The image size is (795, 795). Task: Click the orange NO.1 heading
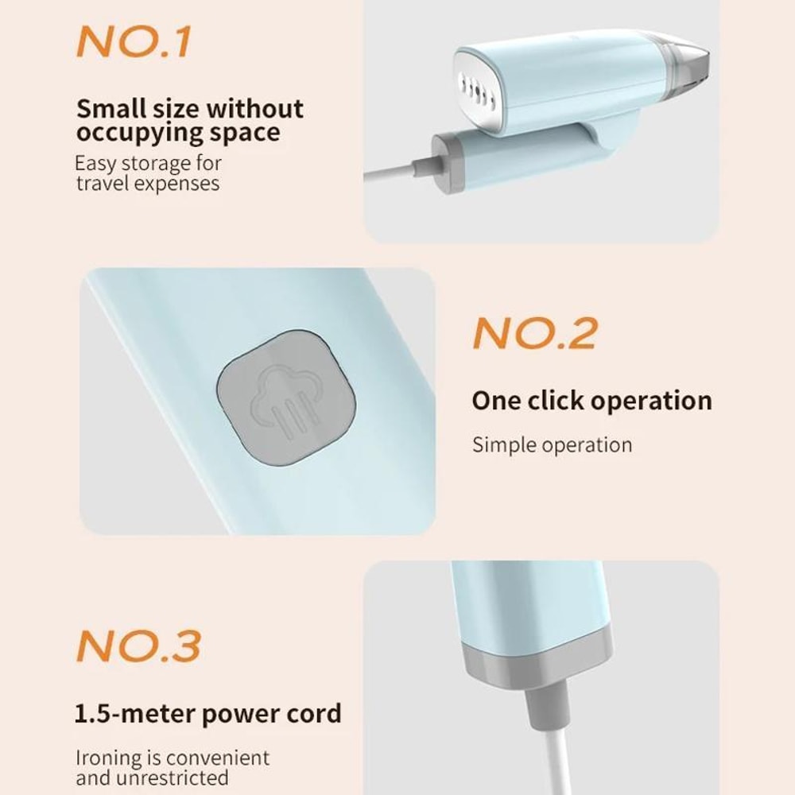coord(134,41)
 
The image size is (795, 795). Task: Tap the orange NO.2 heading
coord(535,333)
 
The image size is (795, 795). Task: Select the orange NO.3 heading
coord(139,646)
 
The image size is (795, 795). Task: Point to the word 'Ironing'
coord(108,758)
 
